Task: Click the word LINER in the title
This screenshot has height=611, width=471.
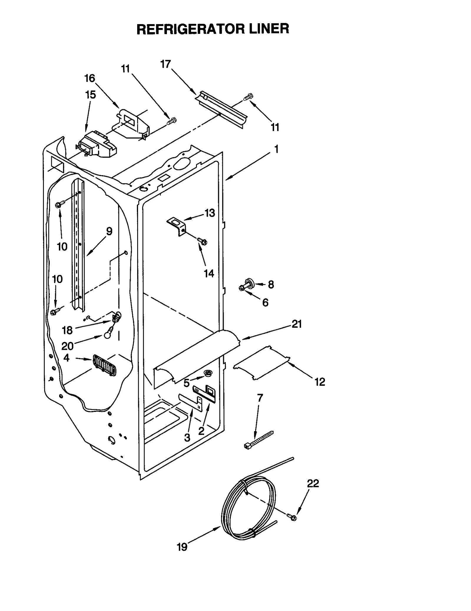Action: pyautogui.click(x=269, y=29)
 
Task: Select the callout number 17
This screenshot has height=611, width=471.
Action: pyautogui.click(x=166, y=64)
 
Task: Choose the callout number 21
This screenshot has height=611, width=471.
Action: pyautogui.click(x=297, y=324)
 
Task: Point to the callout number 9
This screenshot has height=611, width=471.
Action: pyautogui.click(x=109, y=231)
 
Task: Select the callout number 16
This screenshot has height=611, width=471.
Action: pyautogui.click(x=90, y=79)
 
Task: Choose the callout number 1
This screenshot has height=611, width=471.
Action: pyautogui.click(x=276, y=149)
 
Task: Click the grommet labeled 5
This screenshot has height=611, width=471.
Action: pyautogui.click(x=208, y=373)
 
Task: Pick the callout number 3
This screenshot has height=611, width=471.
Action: pyautogui.click(x=187, y=438)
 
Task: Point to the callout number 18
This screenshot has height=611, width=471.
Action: pyautogui.click(x=67, y=330)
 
